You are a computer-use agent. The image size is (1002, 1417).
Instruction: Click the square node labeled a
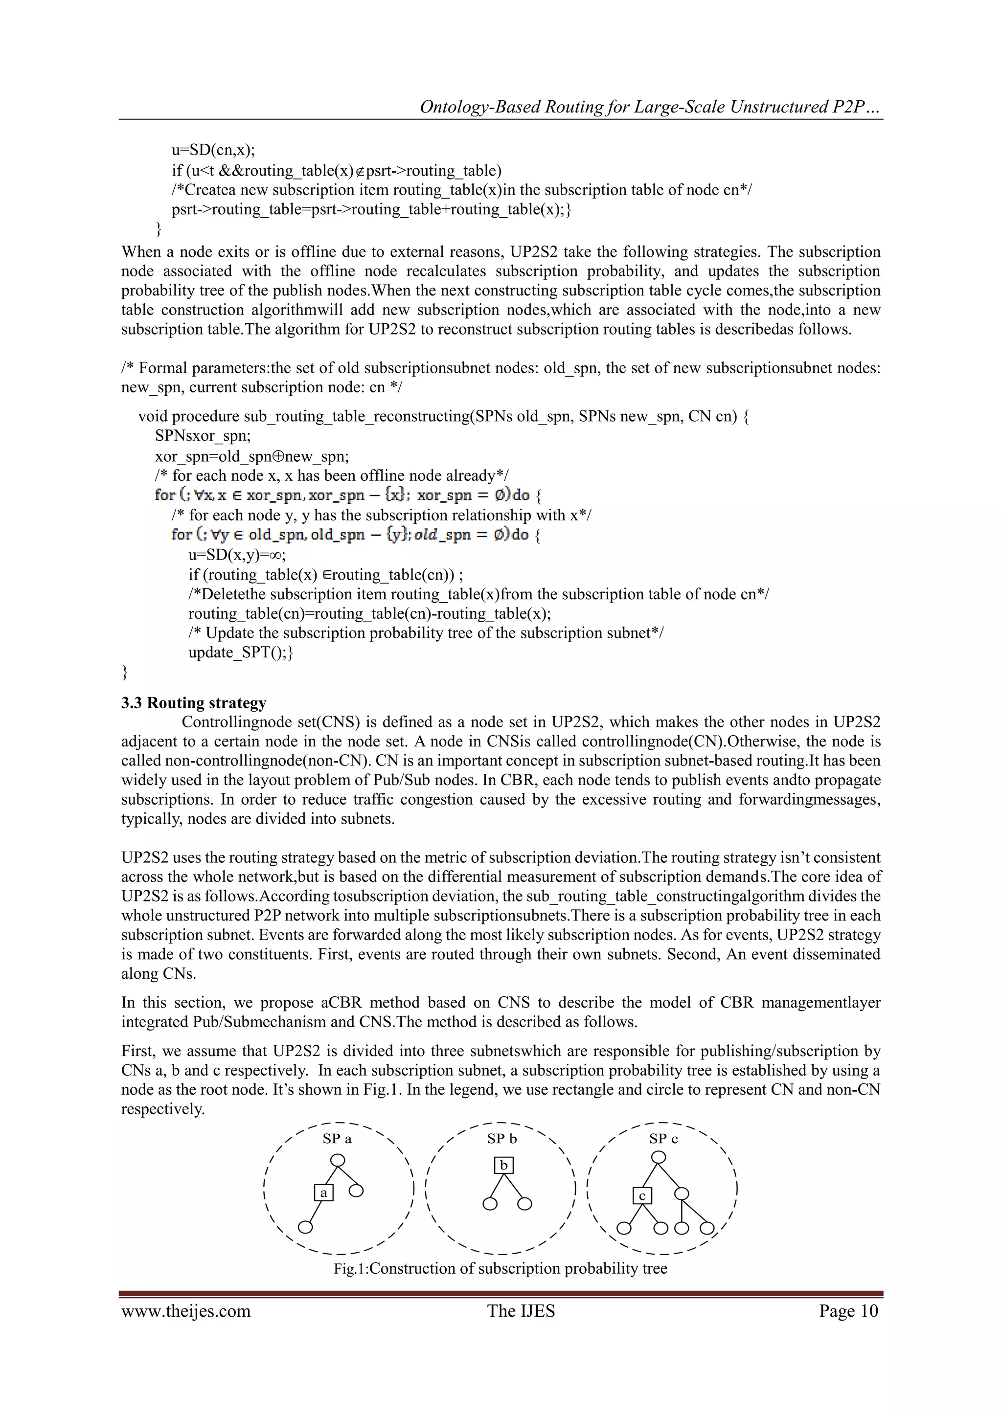point(323,1192)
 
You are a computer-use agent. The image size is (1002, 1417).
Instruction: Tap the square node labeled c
point(642,1195)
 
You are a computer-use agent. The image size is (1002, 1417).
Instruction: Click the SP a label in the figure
point(337,1139)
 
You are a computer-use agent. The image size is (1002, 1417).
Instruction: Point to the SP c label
point(663,1139)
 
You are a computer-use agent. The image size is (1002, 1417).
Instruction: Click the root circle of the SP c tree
point(659,1157)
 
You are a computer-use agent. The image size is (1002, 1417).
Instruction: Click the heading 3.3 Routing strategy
point(194,703)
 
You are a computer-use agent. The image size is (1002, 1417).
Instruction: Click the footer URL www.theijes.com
point(186,1311)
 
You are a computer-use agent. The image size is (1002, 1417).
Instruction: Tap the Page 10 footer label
point(848,1311)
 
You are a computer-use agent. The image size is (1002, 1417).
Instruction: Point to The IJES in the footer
point(521,1311)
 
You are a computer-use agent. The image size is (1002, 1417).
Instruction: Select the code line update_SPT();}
point(241,652)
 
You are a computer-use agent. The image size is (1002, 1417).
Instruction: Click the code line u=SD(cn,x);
point(213,150)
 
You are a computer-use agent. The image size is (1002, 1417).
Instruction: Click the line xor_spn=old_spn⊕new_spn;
point(252,456)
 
